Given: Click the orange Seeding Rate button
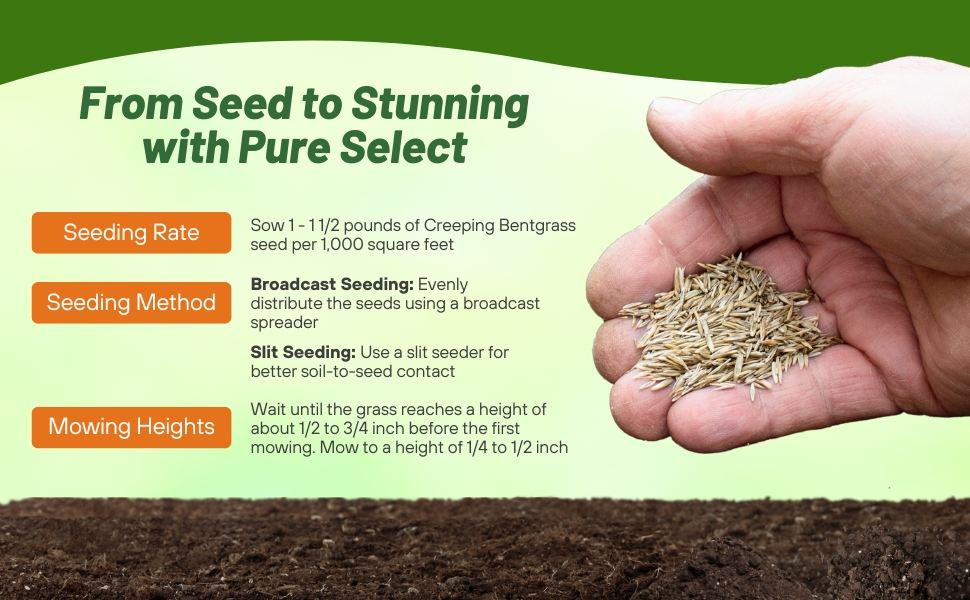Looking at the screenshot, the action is coord(131,233).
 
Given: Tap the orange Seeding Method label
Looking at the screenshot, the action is coord(131,302).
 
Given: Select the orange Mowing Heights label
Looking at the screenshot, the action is coord(131,427).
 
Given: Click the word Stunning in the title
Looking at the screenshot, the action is coord(440,105).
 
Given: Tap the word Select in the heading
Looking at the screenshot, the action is coord(403,147).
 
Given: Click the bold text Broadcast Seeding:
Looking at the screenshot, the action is coord(332,285).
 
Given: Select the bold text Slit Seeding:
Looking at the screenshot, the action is coord(303,353).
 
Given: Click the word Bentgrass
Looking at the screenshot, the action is coord(537,226).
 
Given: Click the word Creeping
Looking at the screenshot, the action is coord(459,226).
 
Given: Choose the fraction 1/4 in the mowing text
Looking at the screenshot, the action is coord(476,447).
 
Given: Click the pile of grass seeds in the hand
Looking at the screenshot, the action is coord(730,326).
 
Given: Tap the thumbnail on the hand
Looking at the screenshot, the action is coord(671,106).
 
